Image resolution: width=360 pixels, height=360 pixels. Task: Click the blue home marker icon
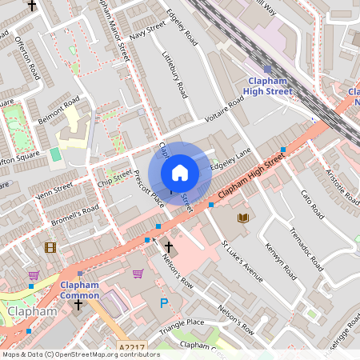tap(180, 173)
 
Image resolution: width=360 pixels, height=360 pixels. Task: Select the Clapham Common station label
tap(80, 290)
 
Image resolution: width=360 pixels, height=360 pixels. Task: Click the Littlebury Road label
tap(174, 78)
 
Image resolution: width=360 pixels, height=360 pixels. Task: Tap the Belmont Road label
tap(58, 110)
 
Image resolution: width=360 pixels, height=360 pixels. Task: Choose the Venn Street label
tap(54, 190)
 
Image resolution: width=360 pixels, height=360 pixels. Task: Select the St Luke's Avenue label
tap(242, 261)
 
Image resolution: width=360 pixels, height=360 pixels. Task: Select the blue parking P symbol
tap(165, 303)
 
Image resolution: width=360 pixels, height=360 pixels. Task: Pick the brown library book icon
tap(242, 217)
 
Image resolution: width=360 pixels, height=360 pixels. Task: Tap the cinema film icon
tap(50, 247)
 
